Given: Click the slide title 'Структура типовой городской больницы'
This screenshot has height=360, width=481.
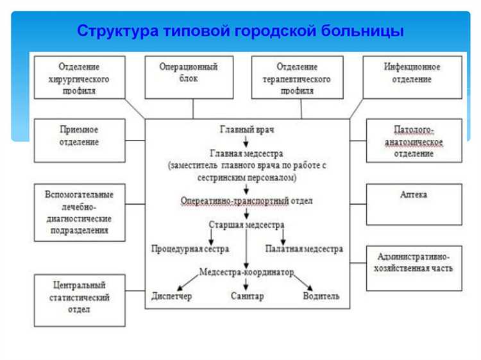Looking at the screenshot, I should (240, 31).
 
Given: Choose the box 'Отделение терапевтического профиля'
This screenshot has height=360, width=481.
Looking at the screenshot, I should (297, 78).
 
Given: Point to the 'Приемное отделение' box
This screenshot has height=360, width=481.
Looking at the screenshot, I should (80, 139).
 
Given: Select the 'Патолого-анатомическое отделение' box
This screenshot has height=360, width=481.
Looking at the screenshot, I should (414, 140).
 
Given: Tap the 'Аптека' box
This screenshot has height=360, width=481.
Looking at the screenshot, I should (414, 204).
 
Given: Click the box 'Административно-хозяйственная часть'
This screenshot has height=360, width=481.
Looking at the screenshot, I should (414, 268).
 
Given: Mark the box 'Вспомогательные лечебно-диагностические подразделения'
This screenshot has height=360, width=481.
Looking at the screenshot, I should (80, 212).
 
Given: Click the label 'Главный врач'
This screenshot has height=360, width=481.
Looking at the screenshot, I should (247, 130).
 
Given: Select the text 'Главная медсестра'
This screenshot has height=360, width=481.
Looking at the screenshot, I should (247, 153).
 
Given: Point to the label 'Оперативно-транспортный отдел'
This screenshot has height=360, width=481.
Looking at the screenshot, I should (247, 201).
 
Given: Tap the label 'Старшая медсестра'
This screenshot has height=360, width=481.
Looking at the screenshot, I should (247, 225).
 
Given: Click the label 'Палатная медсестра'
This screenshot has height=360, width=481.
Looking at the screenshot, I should (303, 248).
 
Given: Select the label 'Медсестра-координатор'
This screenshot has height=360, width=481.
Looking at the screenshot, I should (247, 271).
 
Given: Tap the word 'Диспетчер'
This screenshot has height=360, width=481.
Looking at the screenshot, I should (171, 296).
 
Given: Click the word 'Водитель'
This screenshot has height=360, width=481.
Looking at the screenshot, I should (321, 296).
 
